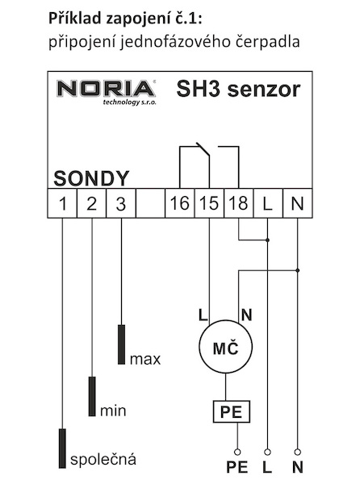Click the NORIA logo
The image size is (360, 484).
(107, 92)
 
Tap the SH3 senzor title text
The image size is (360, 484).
(238, 90)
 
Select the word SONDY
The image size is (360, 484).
(91, 178)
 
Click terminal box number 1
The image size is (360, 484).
(62, 203)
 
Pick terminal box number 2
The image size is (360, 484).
(92, 203)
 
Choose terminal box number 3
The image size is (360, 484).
(121, 203)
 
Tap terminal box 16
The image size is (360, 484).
(180, 203)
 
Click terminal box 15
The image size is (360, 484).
(209, 203)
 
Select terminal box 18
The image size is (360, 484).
(239, 203)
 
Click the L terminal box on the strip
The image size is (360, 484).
(268, 203)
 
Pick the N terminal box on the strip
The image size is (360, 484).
(298, 203)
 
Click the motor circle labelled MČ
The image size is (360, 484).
(226, 347)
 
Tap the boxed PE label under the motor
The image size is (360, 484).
(232, 411)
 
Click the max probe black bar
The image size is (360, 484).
(122, 344)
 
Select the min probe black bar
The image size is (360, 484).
(92, 396)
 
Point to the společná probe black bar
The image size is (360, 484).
(62, 449)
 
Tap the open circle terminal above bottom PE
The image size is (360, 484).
(237, 453)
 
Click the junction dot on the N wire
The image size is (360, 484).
(298, 270)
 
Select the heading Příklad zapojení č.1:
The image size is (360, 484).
(125, 19)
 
